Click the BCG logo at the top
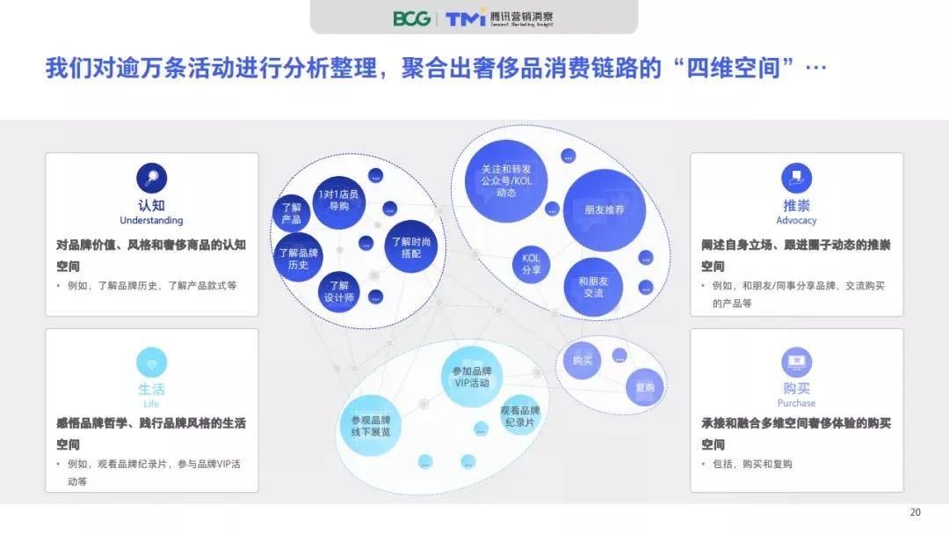(x=411, y=18)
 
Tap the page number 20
(x=915, y=512)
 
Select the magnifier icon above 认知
(x=151, y=178)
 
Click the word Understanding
(x=151, y=221)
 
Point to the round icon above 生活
(x=151, y=363)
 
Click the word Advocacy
(x=796, y=221)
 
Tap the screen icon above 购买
(x=796, y=363)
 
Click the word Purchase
(x=796, y=403)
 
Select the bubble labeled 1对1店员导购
(x=338, y=202)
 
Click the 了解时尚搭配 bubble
(x=411, y=246)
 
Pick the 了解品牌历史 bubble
(x=298, y=258)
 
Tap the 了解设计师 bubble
(x=339, y=291)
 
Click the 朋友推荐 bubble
(x=604, y=210)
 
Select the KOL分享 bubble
(x=531, y=264)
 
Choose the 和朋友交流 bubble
(x=593, y=287)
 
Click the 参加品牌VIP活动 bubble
(x=472, y=377)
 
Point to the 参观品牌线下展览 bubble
(x=371, y=425)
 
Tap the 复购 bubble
(x=645, y=387)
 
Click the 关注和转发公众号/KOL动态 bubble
(x=506, y=180)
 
